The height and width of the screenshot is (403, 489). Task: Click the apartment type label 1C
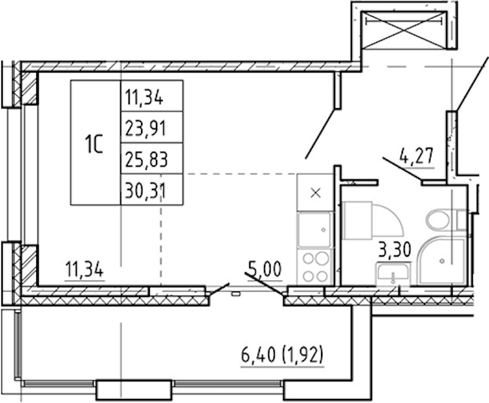click(94, 144)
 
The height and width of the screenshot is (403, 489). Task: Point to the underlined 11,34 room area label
click(84, 270)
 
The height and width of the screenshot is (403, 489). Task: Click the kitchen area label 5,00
click(265, 269)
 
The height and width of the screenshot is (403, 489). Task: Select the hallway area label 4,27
click(416, 156)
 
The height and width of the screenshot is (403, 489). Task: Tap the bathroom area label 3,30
click(395, 250)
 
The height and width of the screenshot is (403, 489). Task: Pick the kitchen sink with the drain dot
click(314, 229)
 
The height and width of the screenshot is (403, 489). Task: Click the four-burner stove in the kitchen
click(316, 267)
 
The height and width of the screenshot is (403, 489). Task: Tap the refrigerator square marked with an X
click(316, 192)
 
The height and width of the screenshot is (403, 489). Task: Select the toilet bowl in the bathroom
click(438, 220)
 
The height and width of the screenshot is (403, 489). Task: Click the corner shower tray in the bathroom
click(442, 261)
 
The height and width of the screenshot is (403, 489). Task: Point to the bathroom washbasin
click(393, 273)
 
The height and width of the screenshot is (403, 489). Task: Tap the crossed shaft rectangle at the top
click(404, 30)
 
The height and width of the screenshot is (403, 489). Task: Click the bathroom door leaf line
click(402, 169)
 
